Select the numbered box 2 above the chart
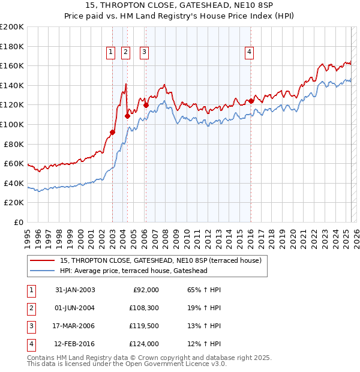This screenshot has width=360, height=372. click(125, 53)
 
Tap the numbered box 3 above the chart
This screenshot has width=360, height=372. click(145, 53)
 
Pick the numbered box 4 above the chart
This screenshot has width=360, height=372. click(248, 53)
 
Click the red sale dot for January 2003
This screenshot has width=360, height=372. click(112, 132)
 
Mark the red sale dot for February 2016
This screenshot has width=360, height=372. click(251, 101)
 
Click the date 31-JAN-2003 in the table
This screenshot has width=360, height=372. click(74, 290)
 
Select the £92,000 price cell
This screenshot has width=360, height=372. click(145, 290)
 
